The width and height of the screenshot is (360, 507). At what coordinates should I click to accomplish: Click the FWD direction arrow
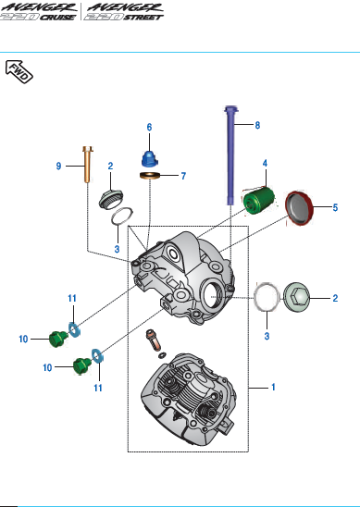tap(19, 71)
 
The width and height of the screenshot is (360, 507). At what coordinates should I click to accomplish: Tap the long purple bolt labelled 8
tap(230, 155)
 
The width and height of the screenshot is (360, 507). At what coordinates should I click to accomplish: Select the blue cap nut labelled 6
tap(150, 159)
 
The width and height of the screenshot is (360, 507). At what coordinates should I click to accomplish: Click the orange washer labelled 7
tap(150, 176)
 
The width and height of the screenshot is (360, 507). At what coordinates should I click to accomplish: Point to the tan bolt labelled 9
tap(88, 164)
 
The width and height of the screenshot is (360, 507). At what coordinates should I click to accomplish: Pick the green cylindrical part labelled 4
tap(259, 201)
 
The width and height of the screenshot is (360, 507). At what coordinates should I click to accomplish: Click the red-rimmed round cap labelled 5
tap(299, 208)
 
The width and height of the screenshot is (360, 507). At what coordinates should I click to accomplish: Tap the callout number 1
tap(273, 387)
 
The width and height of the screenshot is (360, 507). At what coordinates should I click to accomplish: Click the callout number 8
tap(257, 126)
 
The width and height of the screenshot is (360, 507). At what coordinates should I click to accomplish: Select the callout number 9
tap(58, 167)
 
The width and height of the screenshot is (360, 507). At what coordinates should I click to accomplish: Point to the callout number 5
tap(335, 208)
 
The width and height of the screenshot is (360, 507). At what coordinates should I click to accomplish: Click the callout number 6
tap(149, 128)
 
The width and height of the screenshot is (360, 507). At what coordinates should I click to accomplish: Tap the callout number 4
tap(265, 163)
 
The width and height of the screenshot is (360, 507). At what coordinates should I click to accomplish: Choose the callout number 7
tap(183, 176)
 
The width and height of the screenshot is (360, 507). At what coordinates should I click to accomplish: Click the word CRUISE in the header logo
tap(58, 17)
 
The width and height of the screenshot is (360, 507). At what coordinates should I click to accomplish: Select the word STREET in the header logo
tap(143, 17)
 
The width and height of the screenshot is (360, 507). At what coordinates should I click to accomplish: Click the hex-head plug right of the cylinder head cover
tap(296, 298)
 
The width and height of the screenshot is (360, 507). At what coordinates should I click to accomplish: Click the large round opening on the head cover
tap(212, 294)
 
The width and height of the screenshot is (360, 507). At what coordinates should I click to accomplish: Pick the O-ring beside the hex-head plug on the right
tap(267, 298)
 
